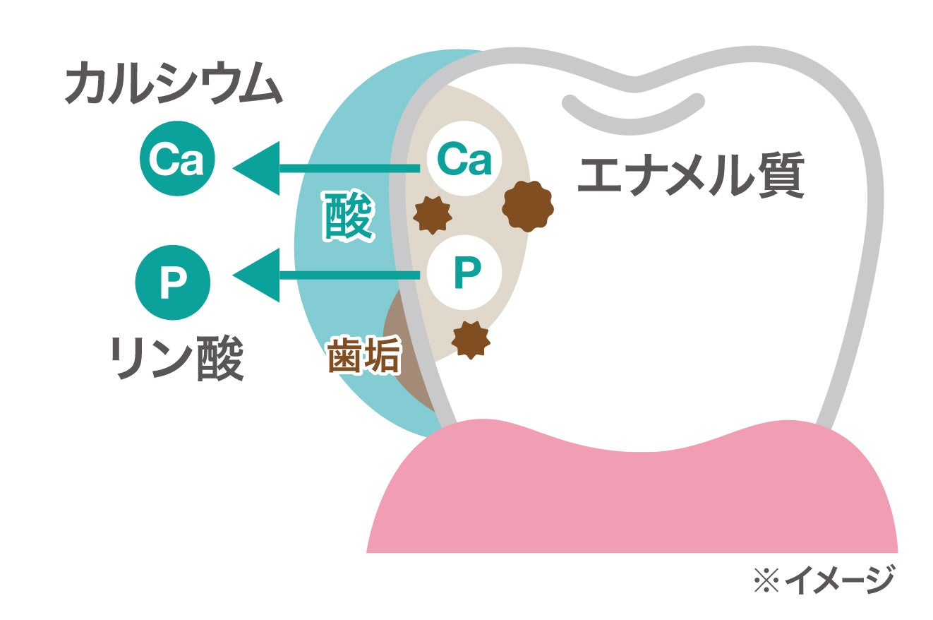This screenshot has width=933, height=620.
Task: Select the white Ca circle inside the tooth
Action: pyautogui.click(x=464, y=160)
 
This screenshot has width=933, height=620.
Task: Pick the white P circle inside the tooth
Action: pyautogui.click(x=464, y=272)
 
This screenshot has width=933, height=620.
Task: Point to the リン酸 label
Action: pyautogui.click(x=177, y=357)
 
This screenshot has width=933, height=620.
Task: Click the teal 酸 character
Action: pyautogui.click(x=347, y=215)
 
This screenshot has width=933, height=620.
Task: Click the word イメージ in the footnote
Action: pyautogui.click(x=839, y=581)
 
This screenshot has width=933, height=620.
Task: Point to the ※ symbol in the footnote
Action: pyautogui.click(x=766, y=581)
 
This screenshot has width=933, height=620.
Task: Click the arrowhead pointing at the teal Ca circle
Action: pyautogui.click(x=257, y=168)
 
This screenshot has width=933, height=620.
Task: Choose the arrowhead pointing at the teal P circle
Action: pyautogui.click(x=257, y=275)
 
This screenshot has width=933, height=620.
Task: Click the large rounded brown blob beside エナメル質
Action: pyautogui.click(x=527, y=206)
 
